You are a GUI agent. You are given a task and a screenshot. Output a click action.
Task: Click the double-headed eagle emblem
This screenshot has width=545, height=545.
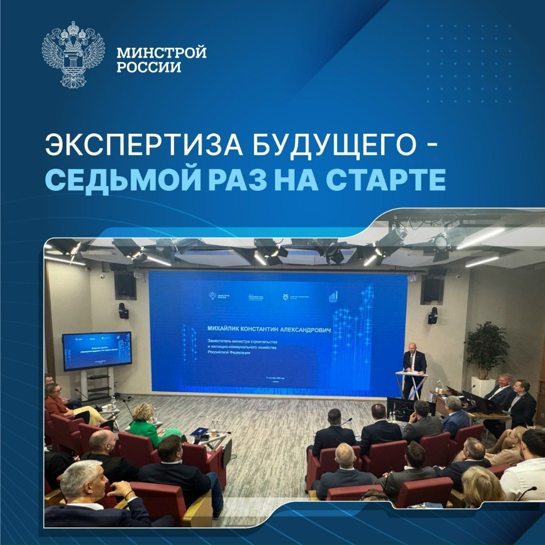[73, 54]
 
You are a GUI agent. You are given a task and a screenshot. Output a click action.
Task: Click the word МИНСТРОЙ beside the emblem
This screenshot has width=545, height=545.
[161, 53]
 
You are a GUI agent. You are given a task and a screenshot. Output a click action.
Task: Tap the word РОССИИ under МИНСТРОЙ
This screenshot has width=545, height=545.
[149, 67]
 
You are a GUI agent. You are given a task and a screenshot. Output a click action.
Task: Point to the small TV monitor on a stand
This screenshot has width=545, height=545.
[97, 351]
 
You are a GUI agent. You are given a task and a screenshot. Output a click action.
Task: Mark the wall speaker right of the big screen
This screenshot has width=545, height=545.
[431, 290]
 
